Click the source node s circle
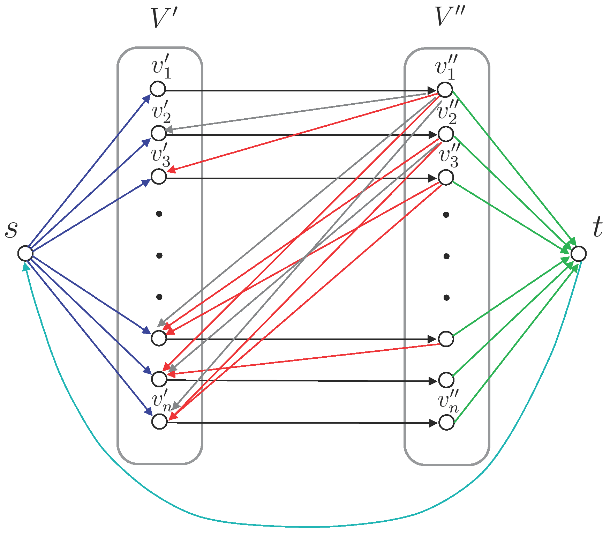(25, 253)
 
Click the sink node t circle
(579, 254)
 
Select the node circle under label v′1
(158, 89)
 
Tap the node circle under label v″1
(445, 89)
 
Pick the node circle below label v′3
(159, 177)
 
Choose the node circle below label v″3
(446, 177)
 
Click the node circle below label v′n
(160, 422)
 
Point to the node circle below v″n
(446, 423)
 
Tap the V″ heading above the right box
(450, 17)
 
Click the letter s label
(12, 229)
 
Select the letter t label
(597, 227)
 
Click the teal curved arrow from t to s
(307, 526)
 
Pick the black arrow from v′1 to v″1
(296, 91)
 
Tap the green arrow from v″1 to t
(513, 167)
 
